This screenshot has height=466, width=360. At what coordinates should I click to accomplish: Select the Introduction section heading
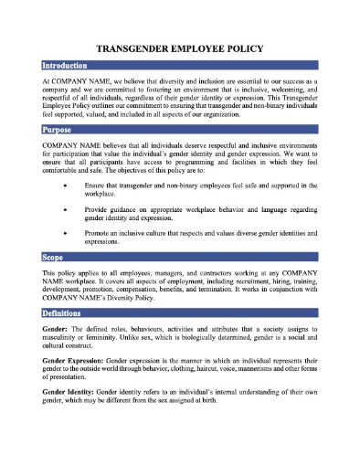(x=65, y=67)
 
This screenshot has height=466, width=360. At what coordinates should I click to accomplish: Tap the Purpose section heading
(x=58, y=130)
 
